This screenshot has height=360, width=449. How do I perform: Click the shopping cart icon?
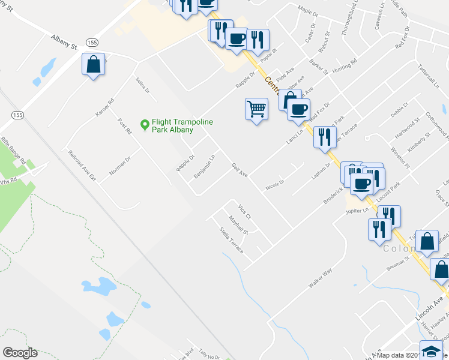pos(256,110)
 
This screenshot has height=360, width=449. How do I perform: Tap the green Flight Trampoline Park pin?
pos(144,125)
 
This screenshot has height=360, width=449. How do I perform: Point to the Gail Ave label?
pos(240,170)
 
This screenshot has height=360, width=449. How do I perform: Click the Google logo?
pos(20,353)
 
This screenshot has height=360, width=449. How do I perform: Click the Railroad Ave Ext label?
pos(82,166)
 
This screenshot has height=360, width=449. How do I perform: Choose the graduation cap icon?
pos(430,350)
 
